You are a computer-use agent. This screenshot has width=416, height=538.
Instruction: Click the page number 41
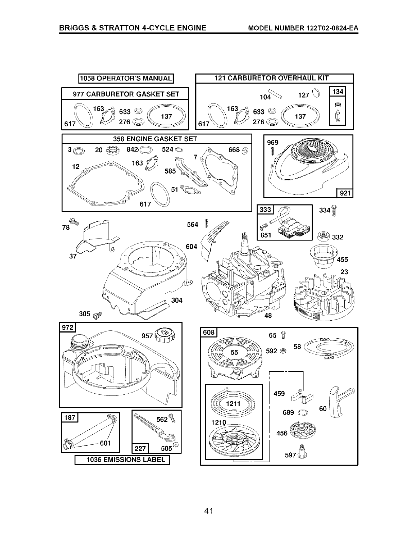pyautogui.click(x=208, y=510)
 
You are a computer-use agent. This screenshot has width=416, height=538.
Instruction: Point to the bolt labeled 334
pyautogui.click(x=334, y=211)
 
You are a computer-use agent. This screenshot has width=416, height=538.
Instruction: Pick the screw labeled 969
pyautogui.click(x=273, y=151)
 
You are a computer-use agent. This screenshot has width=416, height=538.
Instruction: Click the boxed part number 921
pyautogui.click(x=345, y=193)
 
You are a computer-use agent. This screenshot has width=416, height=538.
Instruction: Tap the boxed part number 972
pyautogui.click(x=68, y=327)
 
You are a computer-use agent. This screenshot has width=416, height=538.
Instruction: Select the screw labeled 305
pyautogui.click(x=97, y=315)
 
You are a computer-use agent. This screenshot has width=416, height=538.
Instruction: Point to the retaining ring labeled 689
pyautogui.click(x=303, y=412)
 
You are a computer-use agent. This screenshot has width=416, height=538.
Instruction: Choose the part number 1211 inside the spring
pyautogui.click(x=233, y=403)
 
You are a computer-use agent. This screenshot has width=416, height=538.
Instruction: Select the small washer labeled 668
pyautogui.click(x=245, y=150)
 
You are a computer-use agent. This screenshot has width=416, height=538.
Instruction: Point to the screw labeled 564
pyautogui.click(x=206, y=223)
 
